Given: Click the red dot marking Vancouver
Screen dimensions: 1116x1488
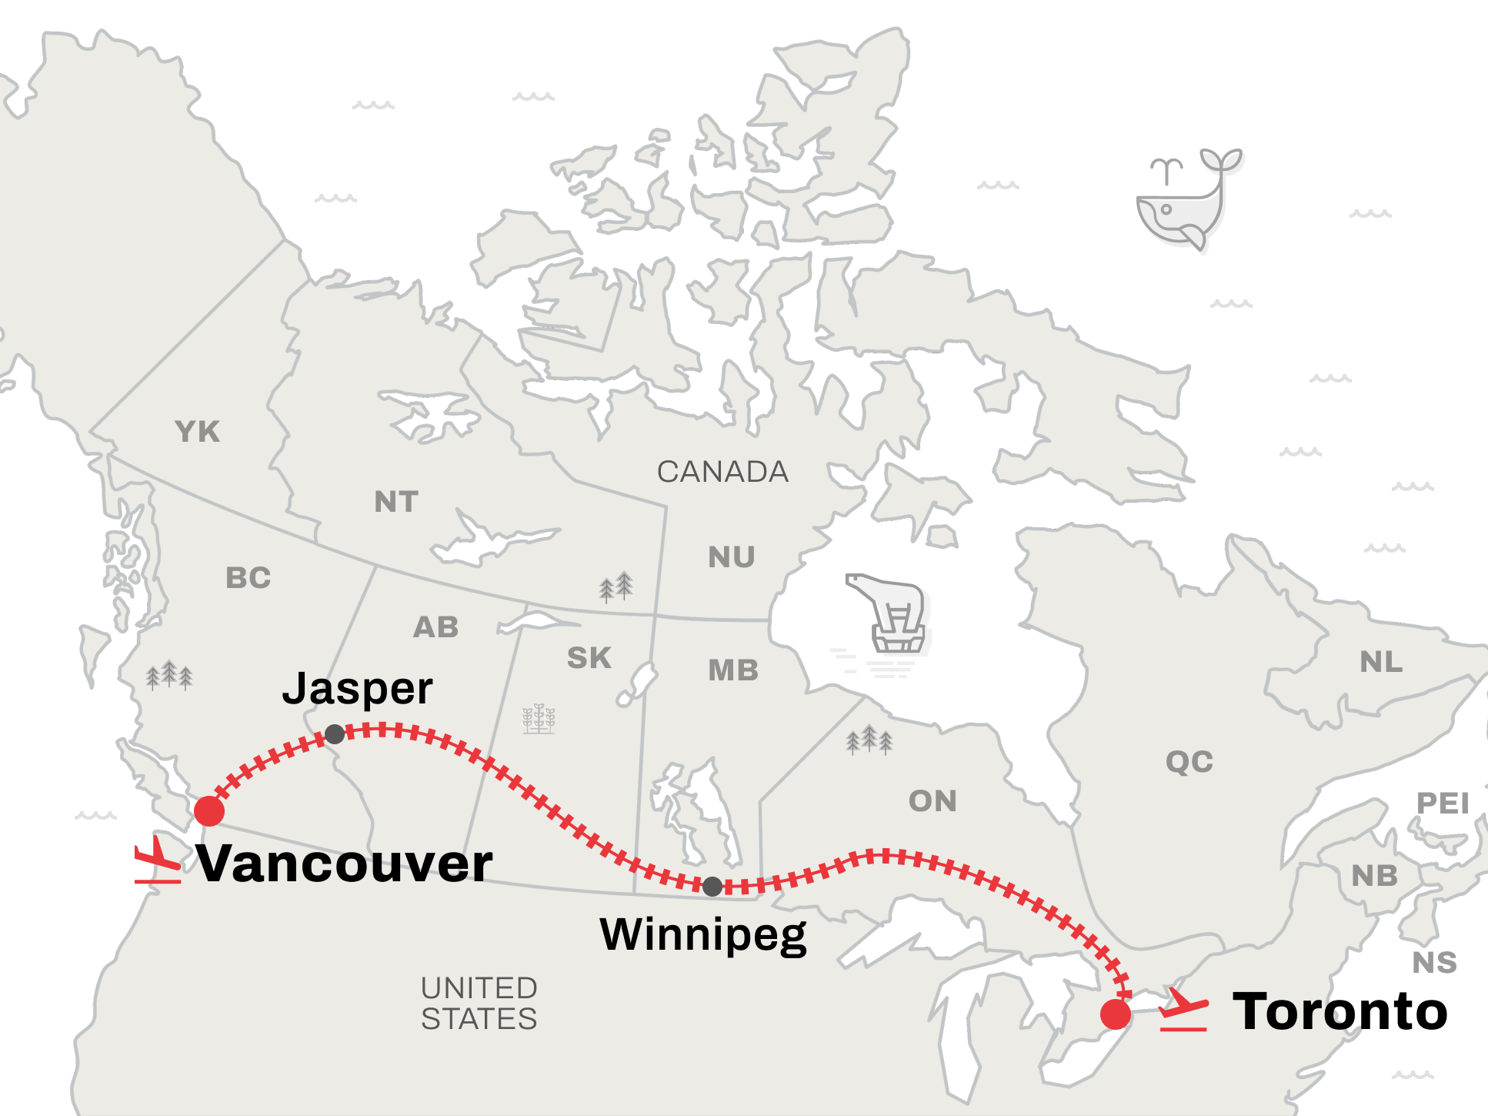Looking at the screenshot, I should pos(209,810).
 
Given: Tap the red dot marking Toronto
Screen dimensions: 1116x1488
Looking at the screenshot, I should pos(1115,1014).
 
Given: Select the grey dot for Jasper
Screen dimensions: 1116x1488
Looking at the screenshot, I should pos(335,734).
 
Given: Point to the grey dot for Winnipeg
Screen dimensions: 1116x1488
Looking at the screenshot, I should pos(712,887).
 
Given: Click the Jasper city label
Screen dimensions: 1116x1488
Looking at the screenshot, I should pos(357,688).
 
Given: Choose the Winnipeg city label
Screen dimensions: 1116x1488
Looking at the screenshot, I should pos(703,935).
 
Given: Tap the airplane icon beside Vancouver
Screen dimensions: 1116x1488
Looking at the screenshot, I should pos(158,860).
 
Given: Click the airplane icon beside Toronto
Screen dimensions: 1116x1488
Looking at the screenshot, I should pos(1183,1009).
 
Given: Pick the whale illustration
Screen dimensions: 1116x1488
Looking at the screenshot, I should pos(1185,200).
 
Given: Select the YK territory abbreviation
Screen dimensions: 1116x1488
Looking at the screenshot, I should pos(198,432).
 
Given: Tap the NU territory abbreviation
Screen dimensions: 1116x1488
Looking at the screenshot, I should pos(732,557).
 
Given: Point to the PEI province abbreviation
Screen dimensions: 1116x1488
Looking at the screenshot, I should pos(1443,804).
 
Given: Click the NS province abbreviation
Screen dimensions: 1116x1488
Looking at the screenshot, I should pos(1435,962).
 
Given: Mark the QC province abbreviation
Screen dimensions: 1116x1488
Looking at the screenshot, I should pos(1189,762).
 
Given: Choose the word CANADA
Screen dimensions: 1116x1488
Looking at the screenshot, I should pos(722,472).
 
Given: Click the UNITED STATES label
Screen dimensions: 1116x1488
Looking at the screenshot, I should pos(479,1003).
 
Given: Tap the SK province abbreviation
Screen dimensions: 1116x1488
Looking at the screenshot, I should pos(589,658).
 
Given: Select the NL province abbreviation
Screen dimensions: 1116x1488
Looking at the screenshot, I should pos(1381,662).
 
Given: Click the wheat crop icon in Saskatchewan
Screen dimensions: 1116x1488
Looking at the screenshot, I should pos(539,719).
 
